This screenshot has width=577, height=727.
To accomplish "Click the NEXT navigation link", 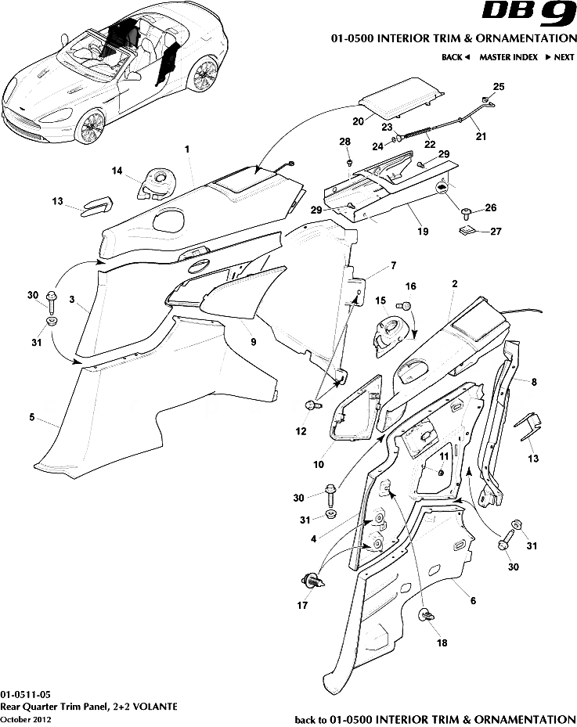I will pos(561,57).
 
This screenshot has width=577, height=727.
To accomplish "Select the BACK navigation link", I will pos(455,57).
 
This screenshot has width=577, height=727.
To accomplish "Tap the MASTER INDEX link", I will pos(508,57).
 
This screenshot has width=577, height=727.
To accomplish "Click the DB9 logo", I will pos(528,16).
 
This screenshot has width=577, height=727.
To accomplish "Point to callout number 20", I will pos(358,121).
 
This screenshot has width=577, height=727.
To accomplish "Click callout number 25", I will pos(498,86).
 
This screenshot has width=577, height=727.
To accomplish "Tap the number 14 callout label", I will pos(117,171).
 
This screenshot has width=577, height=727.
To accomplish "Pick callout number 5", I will pos(32,418).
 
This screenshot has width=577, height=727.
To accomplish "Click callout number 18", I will pos(442,642).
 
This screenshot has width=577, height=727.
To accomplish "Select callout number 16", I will pos(410,286).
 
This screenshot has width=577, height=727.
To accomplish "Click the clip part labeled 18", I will pos(427,615).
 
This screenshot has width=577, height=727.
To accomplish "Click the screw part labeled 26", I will pos(467,211).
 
